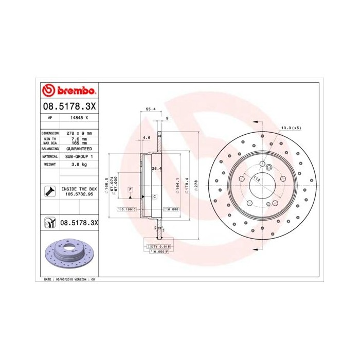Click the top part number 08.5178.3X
click(x=68, y=106)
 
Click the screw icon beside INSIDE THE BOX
click(x=49, y=192)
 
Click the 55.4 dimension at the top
click(x=151, y=110)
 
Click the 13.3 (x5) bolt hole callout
click(x=291, y=127)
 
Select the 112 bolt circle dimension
click(x=257, y=179)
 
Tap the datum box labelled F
click(x=131, y=190)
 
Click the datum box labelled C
click(x=154, y=197)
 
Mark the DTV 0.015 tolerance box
click(x=159, y=247)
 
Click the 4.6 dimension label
click(x=146, y=137)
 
